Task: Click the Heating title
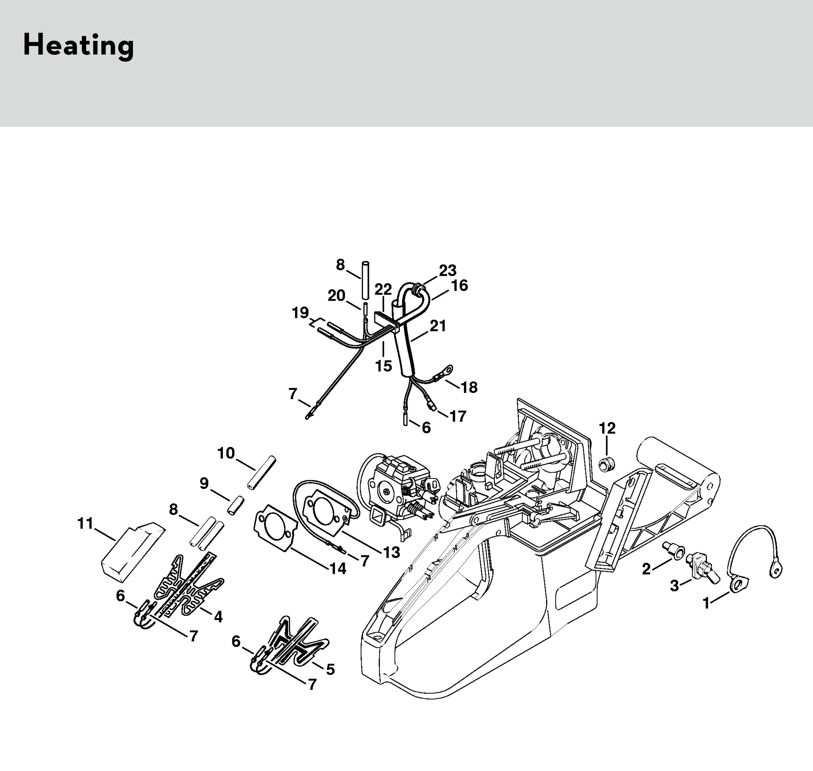pyautogui.click(x=78, y=45)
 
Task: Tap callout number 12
pyautogui.click(x=607, y=429)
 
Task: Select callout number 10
pyautogui.click(x=226, y=453)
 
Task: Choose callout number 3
pyautogui.click(x=675, y=586)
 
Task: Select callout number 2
pyautogui.click(x=646, y=569)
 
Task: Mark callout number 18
pyautogui.click(x=469, y=387)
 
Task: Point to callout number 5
pyautogui.click(x=330, y=669)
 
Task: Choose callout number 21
pyautogui.click(x=438, y=326)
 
